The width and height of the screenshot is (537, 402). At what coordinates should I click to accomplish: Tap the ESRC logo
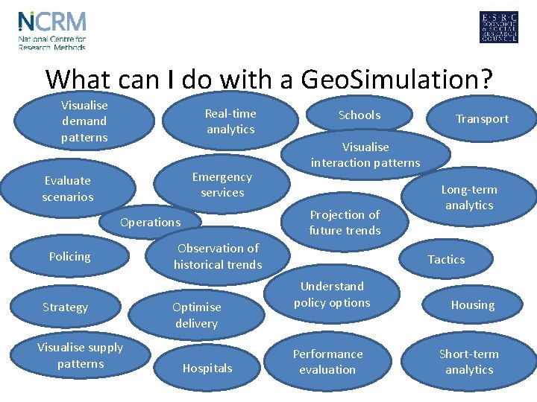click(498, 28)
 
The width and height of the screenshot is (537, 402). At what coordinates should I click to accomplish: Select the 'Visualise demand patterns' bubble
click(84, 121)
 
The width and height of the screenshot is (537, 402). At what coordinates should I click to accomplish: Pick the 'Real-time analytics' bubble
click(230, 121)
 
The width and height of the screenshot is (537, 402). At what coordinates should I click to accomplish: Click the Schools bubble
click(359, 115)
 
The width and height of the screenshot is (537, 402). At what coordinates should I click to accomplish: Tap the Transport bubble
click(482, 119)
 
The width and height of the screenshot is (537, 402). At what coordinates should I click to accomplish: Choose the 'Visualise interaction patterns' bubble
click(365, 155)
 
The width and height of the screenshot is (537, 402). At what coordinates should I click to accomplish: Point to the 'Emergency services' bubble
click(222, 185)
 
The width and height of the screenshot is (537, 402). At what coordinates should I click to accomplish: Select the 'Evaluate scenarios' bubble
click(68, 188)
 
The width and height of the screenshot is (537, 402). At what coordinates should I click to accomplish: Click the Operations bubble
click(151, 222)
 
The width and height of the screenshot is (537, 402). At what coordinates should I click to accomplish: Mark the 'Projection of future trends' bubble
click(345, 222)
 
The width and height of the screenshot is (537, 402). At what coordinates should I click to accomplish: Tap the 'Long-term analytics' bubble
click(469, 197)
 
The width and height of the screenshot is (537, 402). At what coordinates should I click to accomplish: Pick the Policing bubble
click(69, 257)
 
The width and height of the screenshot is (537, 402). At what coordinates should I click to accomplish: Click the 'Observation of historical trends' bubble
click(218, 256)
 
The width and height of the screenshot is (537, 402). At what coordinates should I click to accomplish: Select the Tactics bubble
click(446, 260)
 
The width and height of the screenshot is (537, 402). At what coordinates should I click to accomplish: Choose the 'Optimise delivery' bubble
click(196, 315)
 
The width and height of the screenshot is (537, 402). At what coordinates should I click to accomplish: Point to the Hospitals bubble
click(207, 368)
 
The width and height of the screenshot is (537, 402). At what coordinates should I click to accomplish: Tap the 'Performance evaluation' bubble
click(327, 362)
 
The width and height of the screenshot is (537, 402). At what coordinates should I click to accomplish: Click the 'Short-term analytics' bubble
click(469, 362)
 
